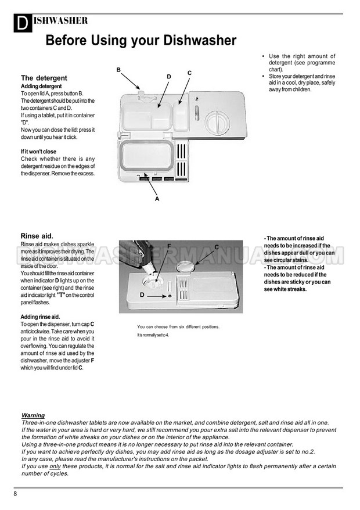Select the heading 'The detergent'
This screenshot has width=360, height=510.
pyautogui.click(x=44, y=78)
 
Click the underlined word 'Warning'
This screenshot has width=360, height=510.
pyautogui.click(x=33, y=415)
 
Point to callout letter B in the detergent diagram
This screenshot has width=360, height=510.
pyautogui.click(x=118, y=70)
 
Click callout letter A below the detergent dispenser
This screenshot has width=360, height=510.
pyautogui.click(x=157, y=198)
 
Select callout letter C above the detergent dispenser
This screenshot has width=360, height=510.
pyautogui.click(x=189, y=73)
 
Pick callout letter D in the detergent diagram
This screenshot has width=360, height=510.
pyautogui.click(x=169, y=77)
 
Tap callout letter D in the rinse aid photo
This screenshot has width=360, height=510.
pyautogui.click(x=142, y=295)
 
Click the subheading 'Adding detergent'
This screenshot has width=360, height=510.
pyautogui.click(x=41, y=87)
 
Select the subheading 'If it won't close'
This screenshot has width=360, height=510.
pyautogui.click(x=38, y=152)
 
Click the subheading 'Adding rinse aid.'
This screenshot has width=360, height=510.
pyautogui.click(x=41, y=317)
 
